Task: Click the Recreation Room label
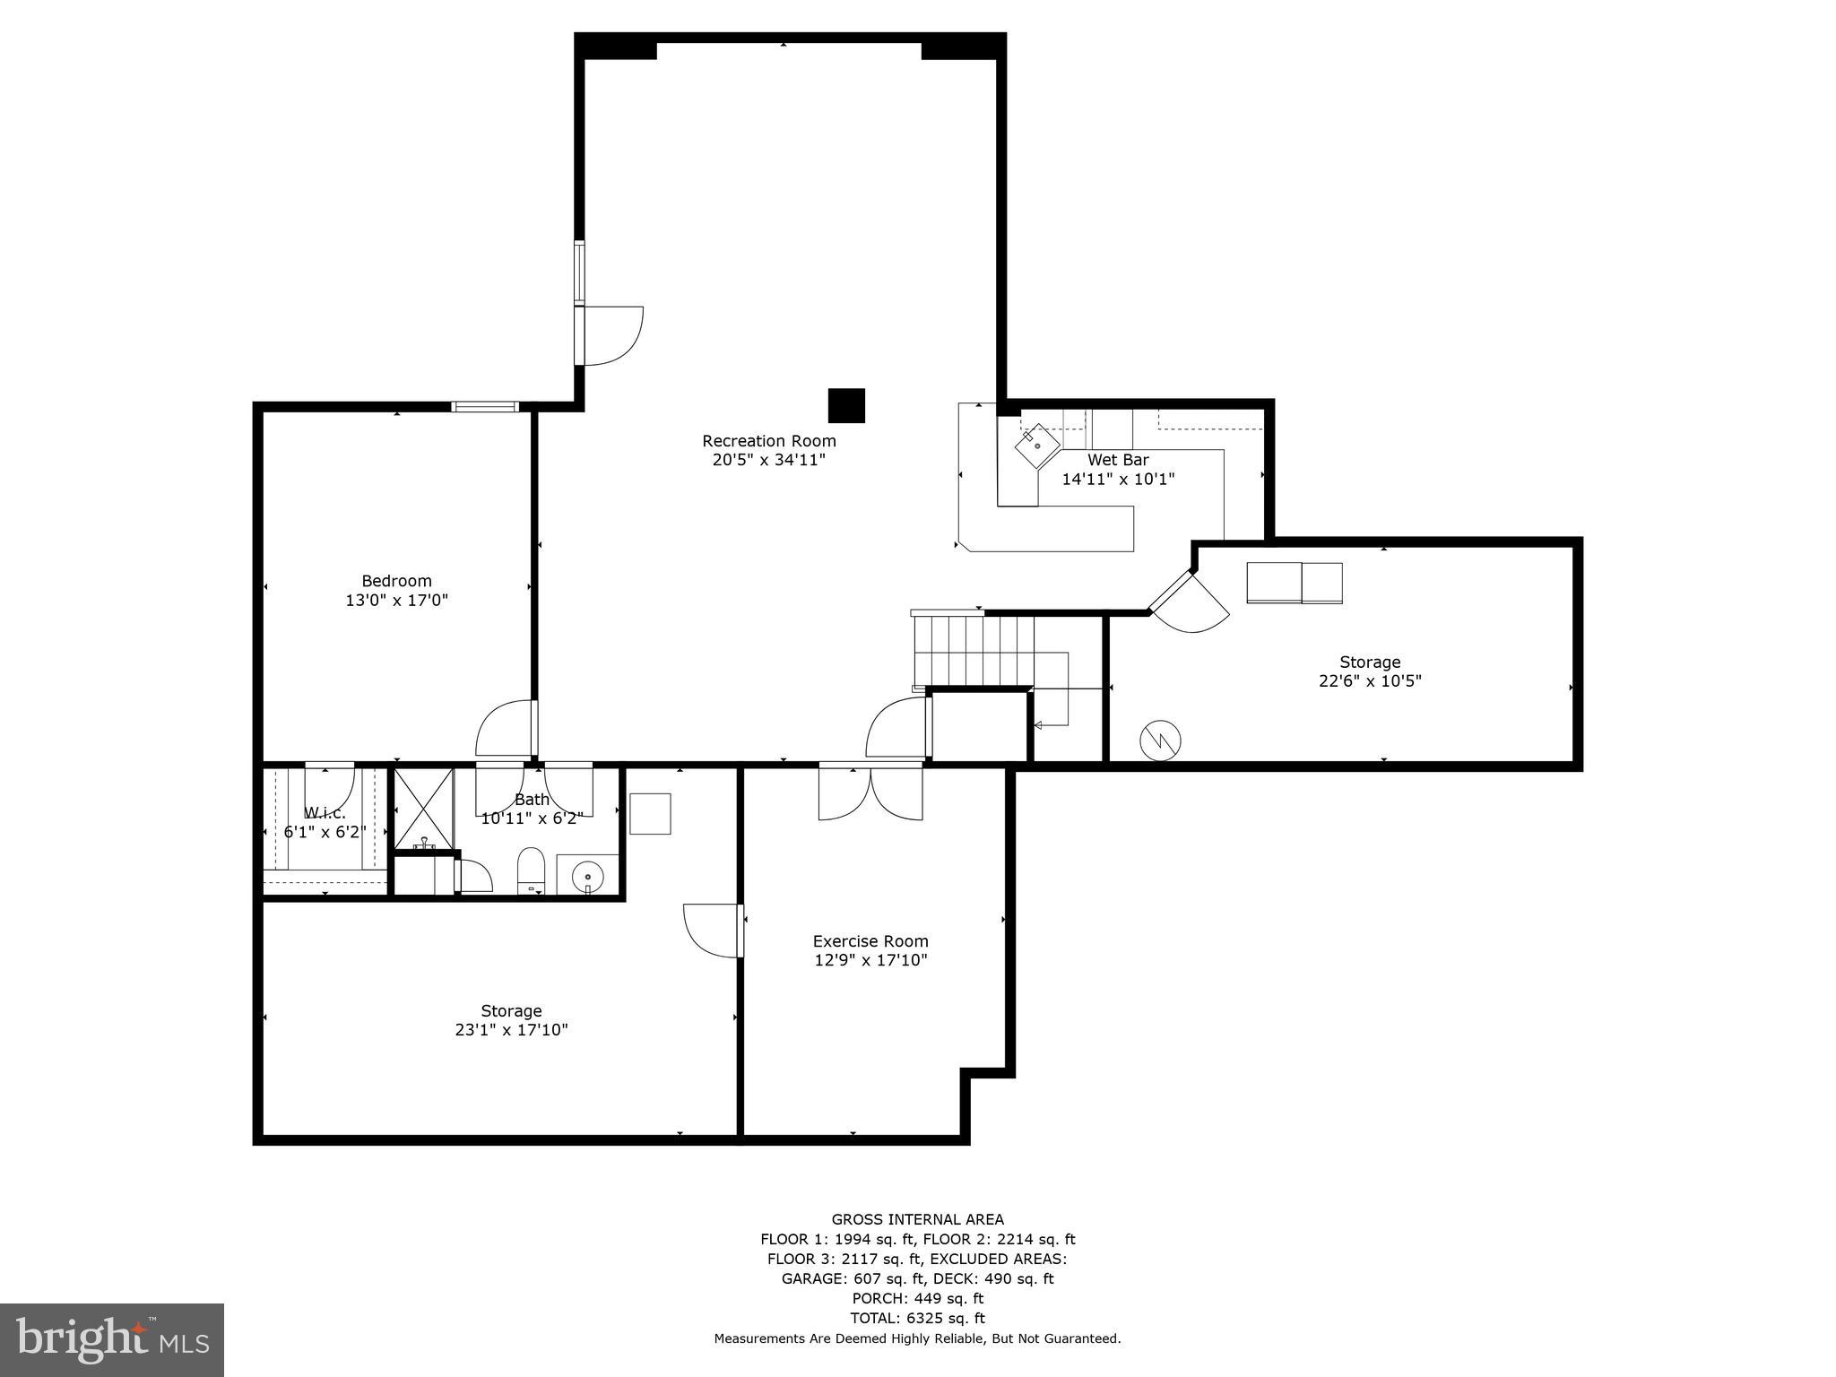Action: click(x=768, y=441)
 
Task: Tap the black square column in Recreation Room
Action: click(x=845, y=405)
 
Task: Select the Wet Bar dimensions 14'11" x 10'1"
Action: click(x=1118, y=479)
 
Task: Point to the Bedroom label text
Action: click(x=396, y=581)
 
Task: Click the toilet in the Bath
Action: click(x=531, y=870)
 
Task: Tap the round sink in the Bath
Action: click(x=588, y=874)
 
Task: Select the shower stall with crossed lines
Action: click(x=423, y=807)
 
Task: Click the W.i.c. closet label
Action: click(x=325, y=813)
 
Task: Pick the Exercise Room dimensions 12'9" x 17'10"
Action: click(x=870, y=960)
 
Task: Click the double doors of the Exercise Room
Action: click(x=870, y=792)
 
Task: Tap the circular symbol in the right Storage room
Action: click(x=1160, y=740)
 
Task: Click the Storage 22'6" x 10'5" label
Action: click(x=1369, y=671)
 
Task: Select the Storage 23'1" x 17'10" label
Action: click(x=511, y=1020)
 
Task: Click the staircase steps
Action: click(x=974, y=649)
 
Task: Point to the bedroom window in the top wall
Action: click(x=485, y=407)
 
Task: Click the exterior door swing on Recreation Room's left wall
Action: click(x=612, y=335)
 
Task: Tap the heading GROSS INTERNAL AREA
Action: click(x=917, y=1219)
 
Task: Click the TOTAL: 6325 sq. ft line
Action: click(x=917, y=1318)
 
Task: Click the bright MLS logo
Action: click(x=112, y=1339)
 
